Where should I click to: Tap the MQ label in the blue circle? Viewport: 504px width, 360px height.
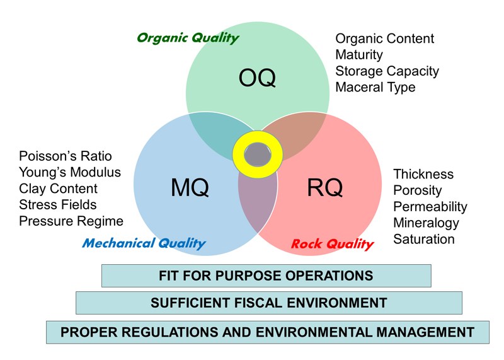190,187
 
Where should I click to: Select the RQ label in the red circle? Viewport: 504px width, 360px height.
324,187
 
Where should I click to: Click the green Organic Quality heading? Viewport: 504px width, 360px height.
188,38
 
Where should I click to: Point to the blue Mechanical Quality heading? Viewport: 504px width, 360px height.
144,243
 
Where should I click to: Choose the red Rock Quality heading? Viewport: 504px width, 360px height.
332,243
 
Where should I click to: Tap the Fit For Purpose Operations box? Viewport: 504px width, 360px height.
266,276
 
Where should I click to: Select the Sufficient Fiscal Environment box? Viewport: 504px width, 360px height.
268,303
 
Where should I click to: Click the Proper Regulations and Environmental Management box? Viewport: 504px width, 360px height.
268,332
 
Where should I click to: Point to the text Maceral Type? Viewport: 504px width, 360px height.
375,88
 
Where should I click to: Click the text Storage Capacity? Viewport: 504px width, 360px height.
387,71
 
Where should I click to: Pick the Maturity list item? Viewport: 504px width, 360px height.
358,55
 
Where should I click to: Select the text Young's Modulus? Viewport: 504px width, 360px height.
70,172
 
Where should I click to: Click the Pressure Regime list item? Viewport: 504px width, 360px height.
71,221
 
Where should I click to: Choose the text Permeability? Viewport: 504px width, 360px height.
430,207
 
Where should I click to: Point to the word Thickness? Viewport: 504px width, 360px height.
423,174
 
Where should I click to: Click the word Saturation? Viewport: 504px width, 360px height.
423,240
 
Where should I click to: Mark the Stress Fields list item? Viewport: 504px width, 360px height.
58,205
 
